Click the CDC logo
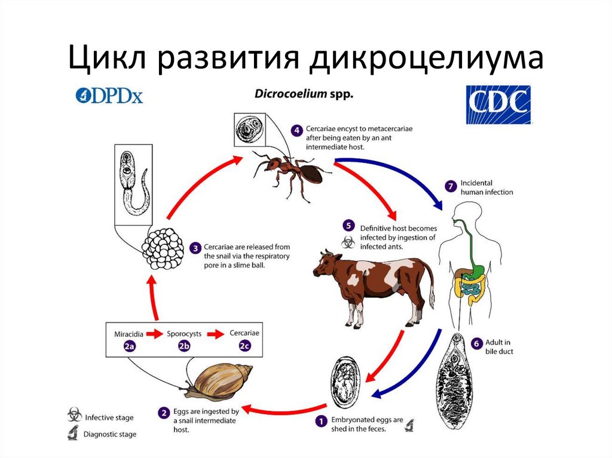(x=498, y=104)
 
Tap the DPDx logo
(x=109, y=96)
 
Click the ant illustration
(x=293, y=170)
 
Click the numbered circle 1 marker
(x=321, y=421)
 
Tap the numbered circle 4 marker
(x=296, y=130)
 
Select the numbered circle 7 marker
(x=451, y=186)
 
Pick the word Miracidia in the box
(x=128, y=333)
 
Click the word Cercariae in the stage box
(x=244, y=333)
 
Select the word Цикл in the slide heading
(x=107, y=57)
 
